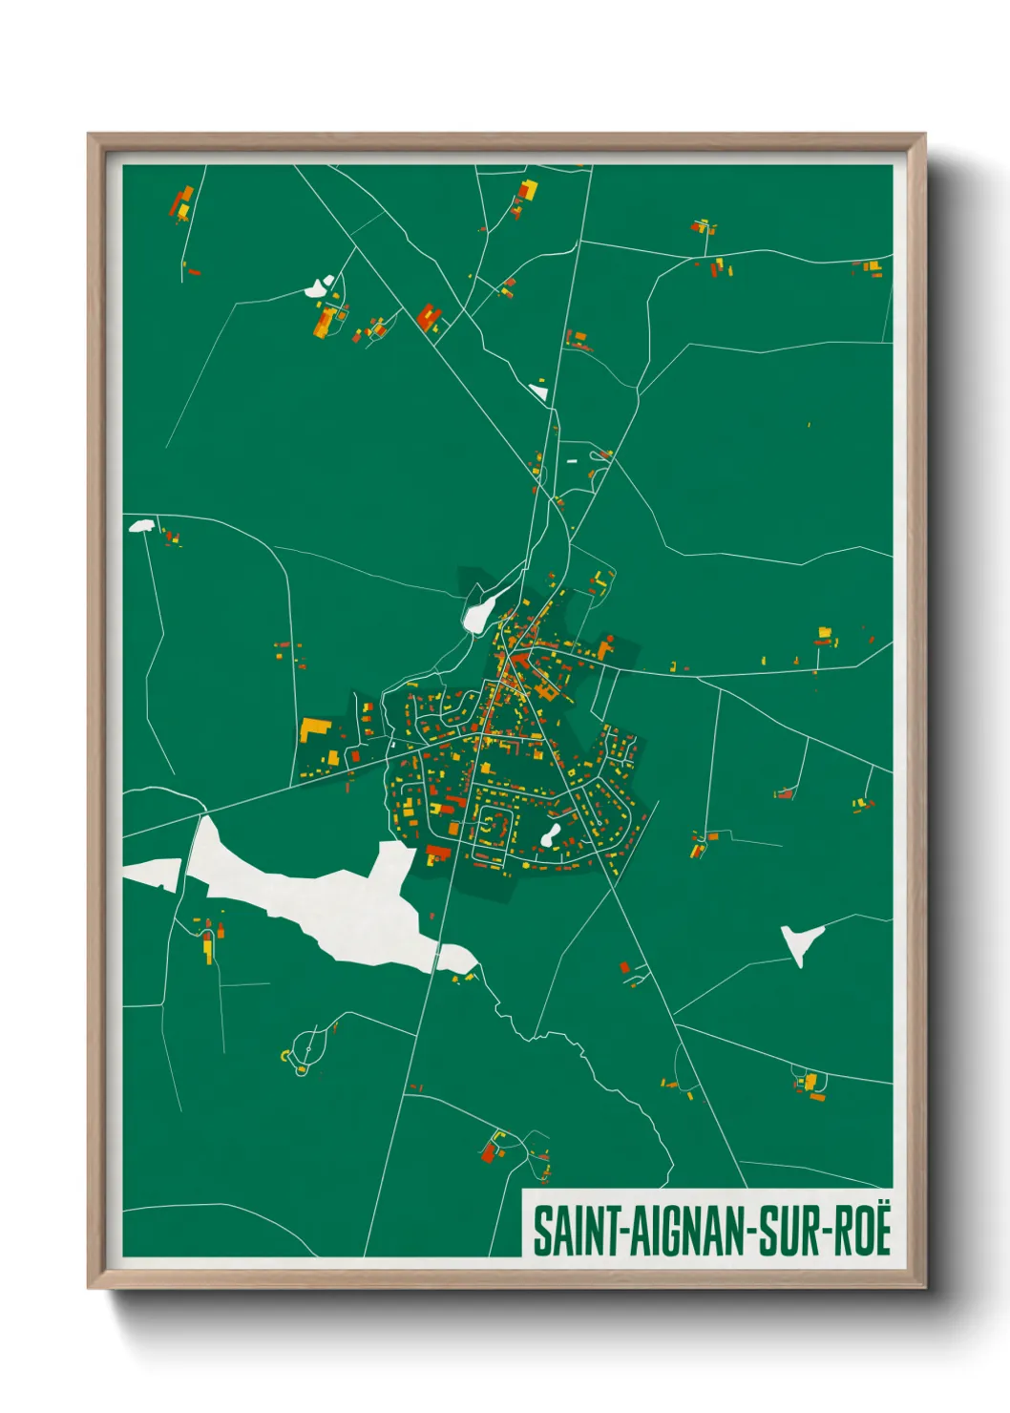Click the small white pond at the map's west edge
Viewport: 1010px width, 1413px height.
[141, 525]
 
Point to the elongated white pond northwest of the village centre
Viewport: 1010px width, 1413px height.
[477, 611]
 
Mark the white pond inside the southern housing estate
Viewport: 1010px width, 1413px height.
[550, 836]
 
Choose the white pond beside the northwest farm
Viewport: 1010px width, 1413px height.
[317, 285]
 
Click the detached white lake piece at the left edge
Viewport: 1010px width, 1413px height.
[153, 873]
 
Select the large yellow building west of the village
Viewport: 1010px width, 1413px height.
[314, 729]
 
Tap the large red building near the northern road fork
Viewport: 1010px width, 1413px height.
[428, 316]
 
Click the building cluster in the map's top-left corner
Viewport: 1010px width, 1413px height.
[181, 203]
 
